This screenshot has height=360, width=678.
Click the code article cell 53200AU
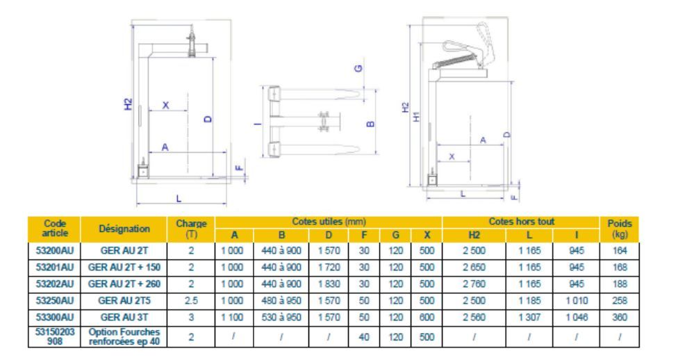54,250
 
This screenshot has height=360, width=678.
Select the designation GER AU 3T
124,317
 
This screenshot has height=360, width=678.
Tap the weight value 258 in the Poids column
620,301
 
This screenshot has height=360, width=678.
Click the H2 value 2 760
474,284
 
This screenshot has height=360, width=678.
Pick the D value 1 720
329,268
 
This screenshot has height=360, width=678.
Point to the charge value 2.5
191,301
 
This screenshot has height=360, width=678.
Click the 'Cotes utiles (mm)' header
329,222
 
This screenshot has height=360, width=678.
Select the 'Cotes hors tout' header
522,222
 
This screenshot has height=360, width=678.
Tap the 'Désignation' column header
124,229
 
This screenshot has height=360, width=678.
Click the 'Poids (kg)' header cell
620,229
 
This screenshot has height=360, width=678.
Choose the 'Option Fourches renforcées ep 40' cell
124,336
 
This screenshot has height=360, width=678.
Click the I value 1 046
577,317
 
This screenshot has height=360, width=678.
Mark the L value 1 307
529,317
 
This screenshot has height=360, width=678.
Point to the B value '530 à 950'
281,317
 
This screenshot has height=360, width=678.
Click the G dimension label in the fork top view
358,68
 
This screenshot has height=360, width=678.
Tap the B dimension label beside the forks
370,124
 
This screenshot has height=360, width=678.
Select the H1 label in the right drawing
416,116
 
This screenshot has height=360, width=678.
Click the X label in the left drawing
165,105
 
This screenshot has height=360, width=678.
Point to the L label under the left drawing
179,199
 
